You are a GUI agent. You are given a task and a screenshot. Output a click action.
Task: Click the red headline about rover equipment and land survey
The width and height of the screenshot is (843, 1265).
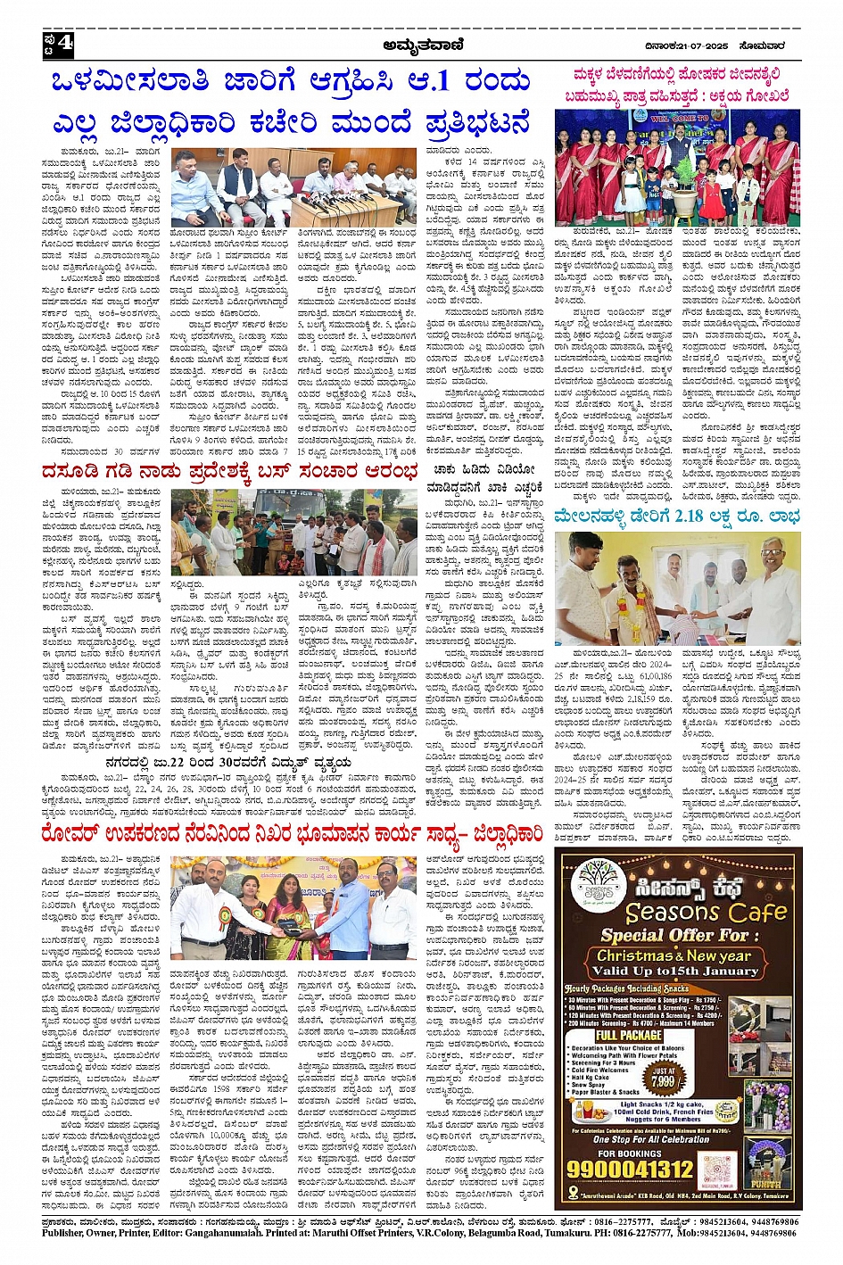coord(293,835)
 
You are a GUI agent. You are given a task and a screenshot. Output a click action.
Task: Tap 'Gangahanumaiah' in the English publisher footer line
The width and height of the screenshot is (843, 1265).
coord(202,1233)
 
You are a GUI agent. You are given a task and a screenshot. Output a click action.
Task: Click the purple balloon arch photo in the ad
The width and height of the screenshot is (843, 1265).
coord(767,1106)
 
